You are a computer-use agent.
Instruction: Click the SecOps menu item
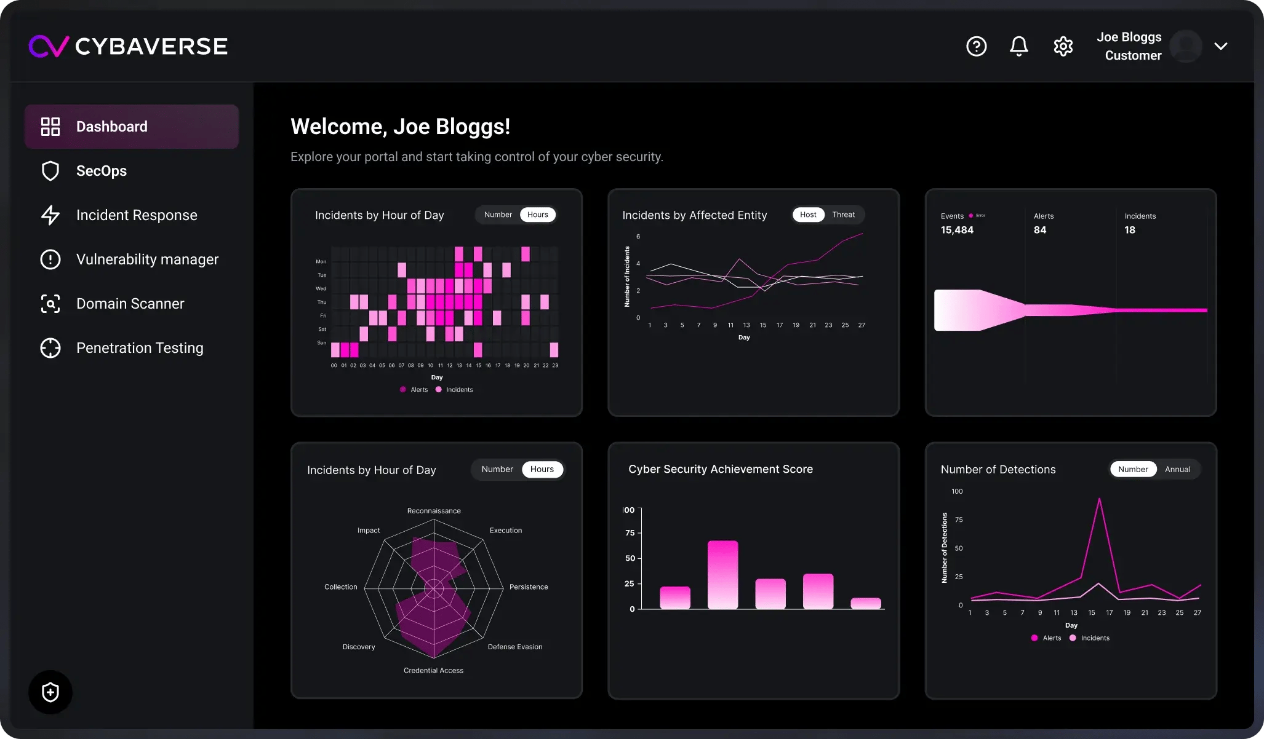click(102, 171)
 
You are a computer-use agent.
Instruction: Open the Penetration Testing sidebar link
click(139, 348)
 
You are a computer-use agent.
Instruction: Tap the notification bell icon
click(1019, 46)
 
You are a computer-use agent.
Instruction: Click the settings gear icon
click(1063, 46)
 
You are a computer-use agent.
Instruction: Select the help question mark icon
click(976, 46)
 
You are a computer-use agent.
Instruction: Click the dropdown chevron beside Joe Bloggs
click(1221, 46)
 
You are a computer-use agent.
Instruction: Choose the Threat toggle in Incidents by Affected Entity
click(843, 215)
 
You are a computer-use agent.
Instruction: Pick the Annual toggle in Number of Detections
click(1177, 469)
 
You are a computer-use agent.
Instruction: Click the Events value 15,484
click(957, 230)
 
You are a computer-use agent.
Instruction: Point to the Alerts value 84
click(1040, 230)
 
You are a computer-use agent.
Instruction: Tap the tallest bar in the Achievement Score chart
click(722, 575)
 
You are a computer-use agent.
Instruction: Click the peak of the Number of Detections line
click(1099, 499)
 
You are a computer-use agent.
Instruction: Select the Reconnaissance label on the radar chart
click(434, 511)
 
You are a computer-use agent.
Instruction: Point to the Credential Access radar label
click(433, 670)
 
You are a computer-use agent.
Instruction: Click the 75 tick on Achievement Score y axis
click(630, 533)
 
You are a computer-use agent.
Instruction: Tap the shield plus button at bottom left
click(50, 692)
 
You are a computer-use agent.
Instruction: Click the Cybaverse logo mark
click(49, 46)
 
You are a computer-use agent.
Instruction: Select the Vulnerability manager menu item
click(147, 259)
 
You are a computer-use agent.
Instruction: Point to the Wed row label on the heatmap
click(321, 288)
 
